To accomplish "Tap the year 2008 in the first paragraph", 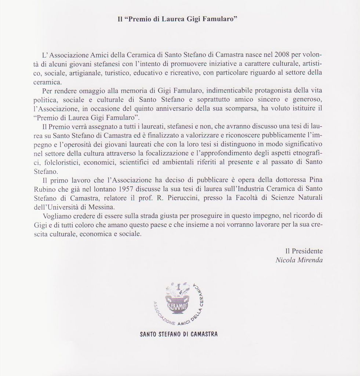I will [x=282, y=55].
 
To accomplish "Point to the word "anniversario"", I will [x=175, y=109].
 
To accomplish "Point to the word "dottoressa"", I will [x=288, y=180].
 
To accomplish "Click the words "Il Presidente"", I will [x=304, y=251].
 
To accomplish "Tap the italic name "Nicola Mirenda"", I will [x=299, y=260].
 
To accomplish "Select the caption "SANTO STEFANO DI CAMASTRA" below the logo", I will [x=179, y=335].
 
